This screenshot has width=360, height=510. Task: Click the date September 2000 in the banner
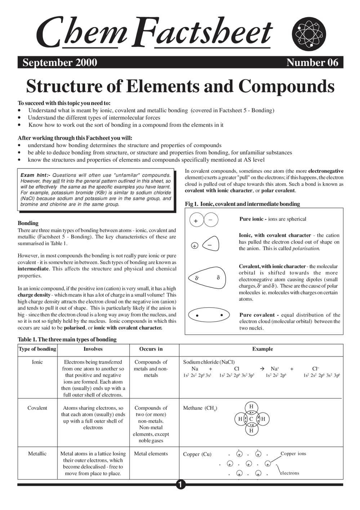[59, 63]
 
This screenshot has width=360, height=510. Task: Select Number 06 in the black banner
[312, 63]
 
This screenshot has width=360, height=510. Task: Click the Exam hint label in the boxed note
[35, 175]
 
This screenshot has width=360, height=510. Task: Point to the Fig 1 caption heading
[242, 204]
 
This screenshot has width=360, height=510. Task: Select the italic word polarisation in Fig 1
[306, 249]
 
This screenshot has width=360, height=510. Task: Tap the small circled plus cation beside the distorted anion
[195, 246]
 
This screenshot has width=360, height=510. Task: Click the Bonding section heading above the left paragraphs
[28, 223]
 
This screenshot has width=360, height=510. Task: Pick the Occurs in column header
[151, 349]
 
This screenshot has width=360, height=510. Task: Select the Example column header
[262, 349]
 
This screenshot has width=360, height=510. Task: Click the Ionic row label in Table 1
[37, 362]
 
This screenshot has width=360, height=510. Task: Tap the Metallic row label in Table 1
[37, 454]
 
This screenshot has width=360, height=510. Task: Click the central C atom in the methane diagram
[251, 419]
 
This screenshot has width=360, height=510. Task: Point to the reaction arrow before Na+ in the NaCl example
[262, 369]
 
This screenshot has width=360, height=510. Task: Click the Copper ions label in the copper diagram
[293, 454]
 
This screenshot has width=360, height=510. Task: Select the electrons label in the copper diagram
[289, 473]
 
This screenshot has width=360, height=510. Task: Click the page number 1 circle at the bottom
[181, 484]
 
